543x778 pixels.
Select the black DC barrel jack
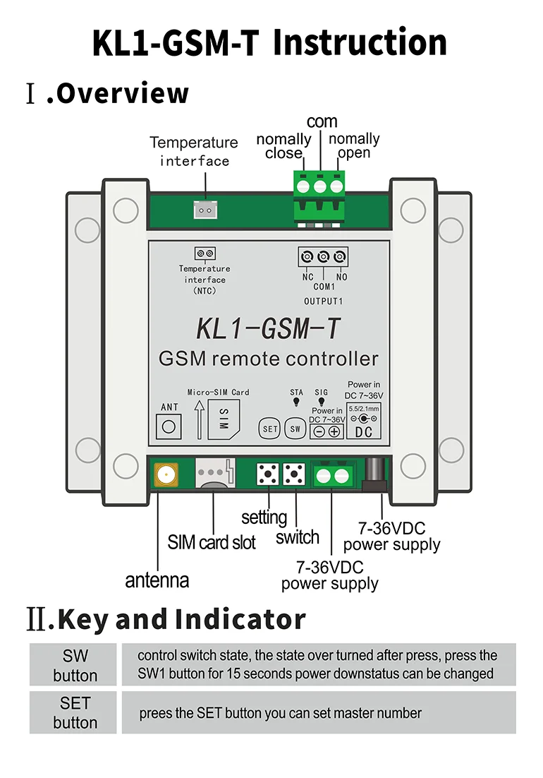376,474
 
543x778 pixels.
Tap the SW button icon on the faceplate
294,429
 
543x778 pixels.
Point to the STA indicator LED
296,404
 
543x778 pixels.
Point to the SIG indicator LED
321,404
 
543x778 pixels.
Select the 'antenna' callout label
157,580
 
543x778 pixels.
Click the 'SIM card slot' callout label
212,542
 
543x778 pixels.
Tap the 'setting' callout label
264,517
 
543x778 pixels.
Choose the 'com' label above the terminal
322,121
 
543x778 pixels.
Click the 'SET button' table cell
75,712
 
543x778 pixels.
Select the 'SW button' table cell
75,665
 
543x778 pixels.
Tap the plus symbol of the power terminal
334,431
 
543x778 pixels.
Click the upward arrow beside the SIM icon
200,419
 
